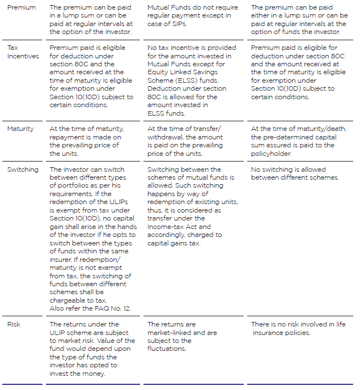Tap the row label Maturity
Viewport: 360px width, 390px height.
coord(20,129)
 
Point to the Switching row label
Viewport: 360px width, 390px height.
coord(23,169)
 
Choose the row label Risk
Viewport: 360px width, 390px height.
coord(14,324)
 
